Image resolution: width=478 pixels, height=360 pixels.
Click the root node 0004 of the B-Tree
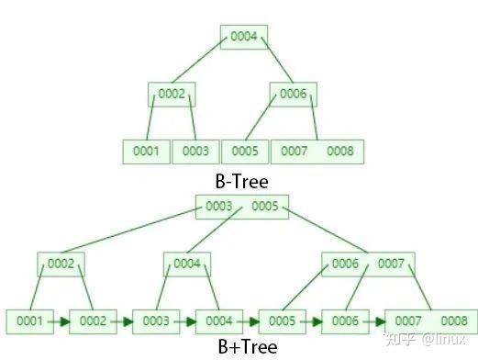244,37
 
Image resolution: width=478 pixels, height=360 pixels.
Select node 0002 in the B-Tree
172,94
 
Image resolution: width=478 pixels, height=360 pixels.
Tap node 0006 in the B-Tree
293,94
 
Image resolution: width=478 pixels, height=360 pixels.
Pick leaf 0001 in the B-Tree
146,151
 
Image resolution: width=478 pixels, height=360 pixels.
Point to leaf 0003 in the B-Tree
195,151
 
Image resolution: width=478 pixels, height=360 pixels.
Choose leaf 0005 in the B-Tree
245,151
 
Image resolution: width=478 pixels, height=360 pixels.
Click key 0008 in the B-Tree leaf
339,151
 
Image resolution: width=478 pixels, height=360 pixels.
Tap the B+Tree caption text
242,347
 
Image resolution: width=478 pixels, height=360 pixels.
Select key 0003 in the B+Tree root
218,206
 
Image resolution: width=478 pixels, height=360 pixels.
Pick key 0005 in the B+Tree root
264,206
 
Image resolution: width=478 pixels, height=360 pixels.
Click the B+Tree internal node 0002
61,264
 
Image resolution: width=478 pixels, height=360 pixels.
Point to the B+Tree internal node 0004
187,264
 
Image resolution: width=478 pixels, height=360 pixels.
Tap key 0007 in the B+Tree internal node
390,264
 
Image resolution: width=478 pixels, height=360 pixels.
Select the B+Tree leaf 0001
29,321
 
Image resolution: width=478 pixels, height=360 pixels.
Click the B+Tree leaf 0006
345,321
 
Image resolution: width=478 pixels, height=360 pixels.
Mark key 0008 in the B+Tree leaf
453,321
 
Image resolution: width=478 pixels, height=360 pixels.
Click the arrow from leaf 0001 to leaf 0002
61,321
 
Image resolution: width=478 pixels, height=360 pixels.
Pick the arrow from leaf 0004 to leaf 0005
250,321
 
